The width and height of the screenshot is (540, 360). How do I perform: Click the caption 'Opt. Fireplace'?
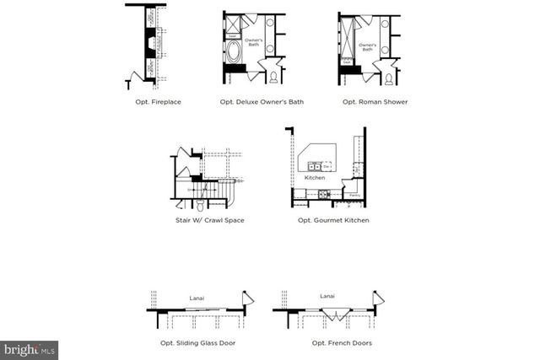pyautogui.click(x=158, y=102)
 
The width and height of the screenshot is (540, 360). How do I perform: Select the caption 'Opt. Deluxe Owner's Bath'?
pyautogui.click(x=262, y=102)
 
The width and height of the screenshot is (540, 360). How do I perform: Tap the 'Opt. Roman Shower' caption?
pyautogui.click(x=375, y=102)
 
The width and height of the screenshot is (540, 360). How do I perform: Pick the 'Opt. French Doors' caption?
pyautogui.click(x=330, y=343)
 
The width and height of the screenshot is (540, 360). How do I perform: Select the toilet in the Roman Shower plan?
pyautogui.click(x=388, y=78)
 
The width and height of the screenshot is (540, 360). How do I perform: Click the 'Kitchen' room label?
pyautogui.click(x=315, y=178)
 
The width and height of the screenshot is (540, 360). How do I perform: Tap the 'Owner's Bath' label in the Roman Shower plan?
pyautogui.click(x=367, y=47)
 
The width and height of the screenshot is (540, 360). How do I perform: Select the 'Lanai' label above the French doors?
pyautogui.click(x=327, y=296)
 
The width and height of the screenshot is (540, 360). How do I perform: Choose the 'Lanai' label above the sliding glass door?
pyautogui.click(x=197, y=297)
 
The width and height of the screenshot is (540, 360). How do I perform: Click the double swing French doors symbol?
pyautogui.click(x=332, y=315)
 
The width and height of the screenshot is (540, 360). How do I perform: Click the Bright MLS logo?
pyautogui.click(x=30, y=347)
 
